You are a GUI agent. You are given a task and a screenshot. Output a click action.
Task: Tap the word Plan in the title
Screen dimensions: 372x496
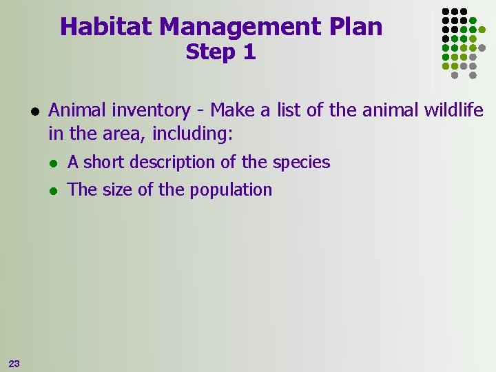[x=358, y=27]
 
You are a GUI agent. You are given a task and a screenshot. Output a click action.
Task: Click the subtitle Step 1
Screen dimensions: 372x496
[x=220, y=52]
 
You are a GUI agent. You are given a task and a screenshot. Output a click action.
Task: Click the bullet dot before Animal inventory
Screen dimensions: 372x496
[x=34, y=111]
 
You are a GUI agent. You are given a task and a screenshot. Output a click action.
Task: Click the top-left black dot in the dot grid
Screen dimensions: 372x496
[x=445, y=12]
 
